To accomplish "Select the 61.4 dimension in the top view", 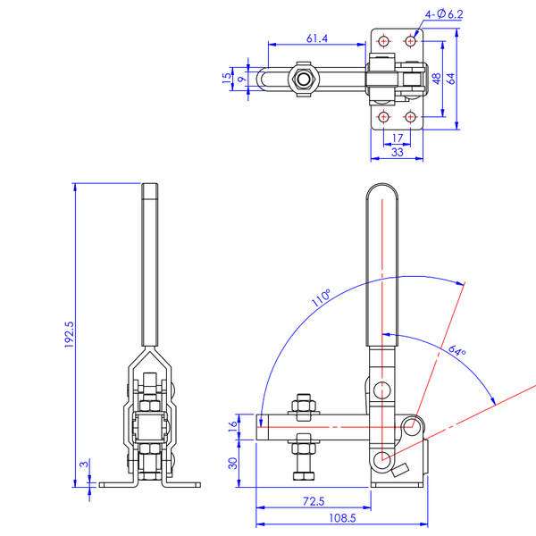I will pyautogui.click(x=317, y=38).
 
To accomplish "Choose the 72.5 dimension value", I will pyautogui.click(x=313, y=501).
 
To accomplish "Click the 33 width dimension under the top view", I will pyautogui.click(x=398, y=153).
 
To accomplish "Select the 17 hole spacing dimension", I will pyautogui.click(x=398, y=138).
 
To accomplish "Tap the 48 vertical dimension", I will pyautogui.click(x=437, y=79).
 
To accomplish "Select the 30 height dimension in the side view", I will pyautogui.click(x=233, y=463).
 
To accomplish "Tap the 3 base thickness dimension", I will pyautogui.click(x=82, y=465).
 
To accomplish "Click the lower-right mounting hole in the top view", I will pyautogui.click(x=410, y=117).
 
